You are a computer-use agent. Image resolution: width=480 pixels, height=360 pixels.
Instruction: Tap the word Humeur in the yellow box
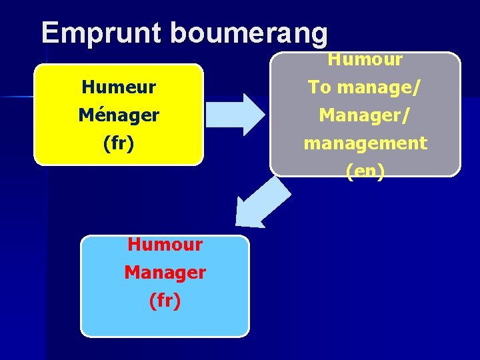[119, 87]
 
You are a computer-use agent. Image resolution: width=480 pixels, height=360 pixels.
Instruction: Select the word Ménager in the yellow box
[119, 115]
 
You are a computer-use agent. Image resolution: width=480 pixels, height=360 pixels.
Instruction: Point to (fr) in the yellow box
[119, 143]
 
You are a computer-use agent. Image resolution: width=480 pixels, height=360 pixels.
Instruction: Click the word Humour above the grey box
[365, 59]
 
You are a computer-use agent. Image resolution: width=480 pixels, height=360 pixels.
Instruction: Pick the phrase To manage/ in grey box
[365, 87]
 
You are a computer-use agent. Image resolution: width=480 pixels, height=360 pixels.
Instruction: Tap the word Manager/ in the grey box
[365, 115]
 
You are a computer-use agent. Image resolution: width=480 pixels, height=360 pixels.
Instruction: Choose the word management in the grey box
[365, 143]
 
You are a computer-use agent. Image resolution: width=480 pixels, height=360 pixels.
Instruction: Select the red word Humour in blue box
[165, 244]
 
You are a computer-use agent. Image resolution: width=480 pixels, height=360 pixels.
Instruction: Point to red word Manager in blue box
[165, 272]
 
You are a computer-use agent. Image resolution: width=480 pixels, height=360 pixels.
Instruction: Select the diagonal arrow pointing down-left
[262, 204]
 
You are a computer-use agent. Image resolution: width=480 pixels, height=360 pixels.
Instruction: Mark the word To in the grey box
[316, 87]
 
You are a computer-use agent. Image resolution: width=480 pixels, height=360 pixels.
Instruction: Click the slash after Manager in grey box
[407, 115]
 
